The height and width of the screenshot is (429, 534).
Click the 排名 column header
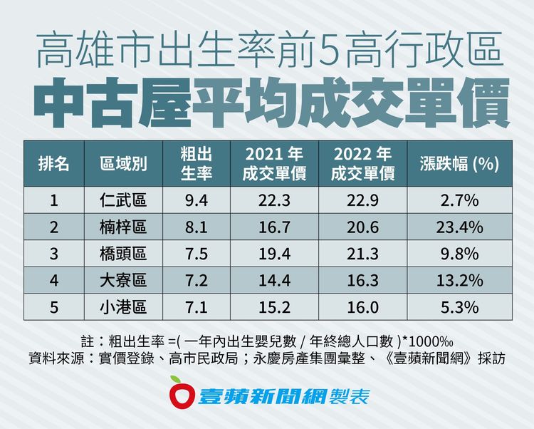[53, 164]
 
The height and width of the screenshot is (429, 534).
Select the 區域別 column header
[123, 164]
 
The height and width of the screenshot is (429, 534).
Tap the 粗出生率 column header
[195, 164]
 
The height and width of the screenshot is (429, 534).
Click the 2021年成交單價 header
[274, 164]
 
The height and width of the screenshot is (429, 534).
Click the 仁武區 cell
[123, 201]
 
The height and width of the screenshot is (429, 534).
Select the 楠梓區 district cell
[123, 227]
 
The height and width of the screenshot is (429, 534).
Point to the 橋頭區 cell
[123, 254]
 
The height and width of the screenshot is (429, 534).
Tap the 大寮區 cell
[123, 281]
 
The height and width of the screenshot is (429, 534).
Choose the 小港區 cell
[123, 307]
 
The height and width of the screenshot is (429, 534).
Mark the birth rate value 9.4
[195, 201]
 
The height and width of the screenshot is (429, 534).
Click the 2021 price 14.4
[274, 281]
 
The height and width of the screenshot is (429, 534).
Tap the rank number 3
[53, 254]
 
